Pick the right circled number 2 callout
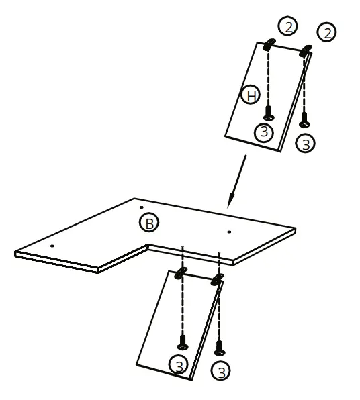click(327, 32)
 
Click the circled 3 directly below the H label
click(264, 132)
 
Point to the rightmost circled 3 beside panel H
click(306, 143)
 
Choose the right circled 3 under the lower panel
click(220, 370)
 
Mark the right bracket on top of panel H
click(306, 50)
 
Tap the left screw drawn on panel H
click(268, 112)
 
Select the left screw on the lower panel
click(182, 342)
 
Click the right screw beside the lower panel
click(219, 348)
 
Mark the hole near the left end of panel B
click(51, 246)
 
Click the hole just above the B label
click(141, 207)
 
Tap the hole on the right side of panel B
click(229, 232)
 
